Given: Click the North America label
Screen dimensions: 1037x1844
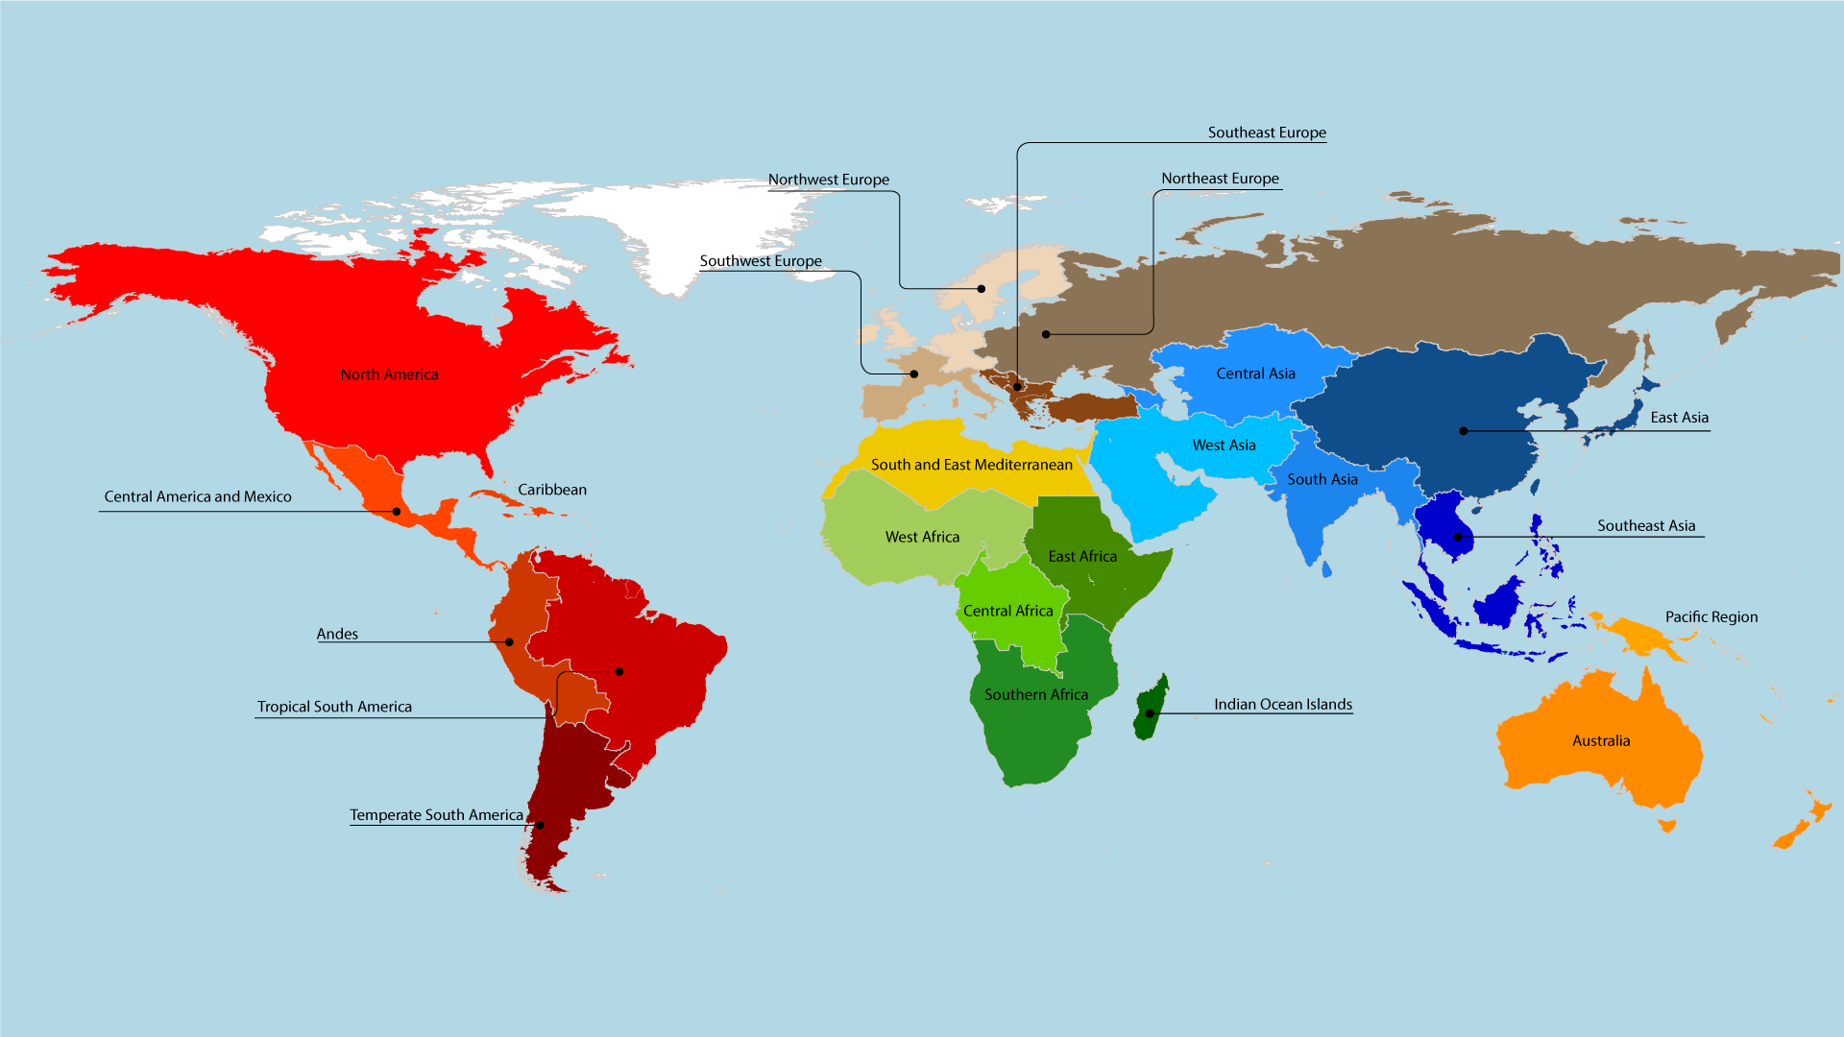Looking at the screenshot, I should [x=389, y=374].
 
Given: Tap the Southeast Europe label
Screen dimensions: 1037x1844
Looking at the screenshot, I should [x=1267, y=133].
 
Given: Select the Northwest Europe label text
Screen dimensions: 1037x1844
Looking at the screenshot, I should [x=828, y=180].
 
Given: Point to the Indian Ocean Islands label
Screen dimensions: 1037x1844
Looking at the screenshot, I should [x=1282, y=705].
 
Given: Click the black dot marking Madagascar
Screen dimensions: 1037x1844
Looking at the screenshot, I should [x=1150, y=713].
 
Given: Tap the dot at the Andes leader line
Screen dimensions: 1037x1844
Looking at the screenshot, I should [x=509, y=642].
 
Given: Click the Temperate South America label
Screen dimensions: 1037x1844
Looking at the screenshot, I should [x=436, y=815].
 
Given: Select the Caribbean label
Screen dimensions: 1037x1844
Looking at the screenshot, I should [x=552, y=490].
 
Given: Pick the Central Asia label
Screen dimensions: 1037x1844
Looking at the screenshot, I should [x=1255, y=374].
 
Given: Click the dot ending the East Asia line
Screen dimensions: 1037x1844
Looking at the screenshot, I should [x=1464, y=431].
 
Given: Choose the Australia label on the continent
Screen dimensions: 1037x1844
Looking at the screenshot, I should [x=1601, y=741].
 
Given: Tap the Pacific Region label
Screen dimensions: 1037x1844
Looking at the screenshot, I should [x=1711, y=617].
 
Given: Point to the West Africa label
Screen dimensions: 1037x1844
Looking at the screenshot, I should [x=922, y=538].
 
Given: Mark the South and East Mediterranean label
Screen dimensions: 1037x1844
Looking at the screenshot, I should [x=971, y=465].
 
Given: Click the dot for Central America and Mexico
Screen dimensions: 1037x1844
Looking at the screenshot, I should [x=397, y=512].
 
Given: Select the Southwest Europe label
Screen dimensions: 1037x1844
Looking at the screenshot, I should [x=761, y=261].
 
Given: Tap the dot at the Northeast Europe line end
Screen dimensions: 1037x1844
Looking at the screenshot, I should [x=1046, y=335].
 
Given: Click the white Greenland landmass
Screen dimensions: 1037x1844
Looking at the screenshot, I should [x=691, y=230].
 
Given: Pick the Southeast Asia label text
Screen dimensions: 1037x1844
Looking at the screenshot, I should [x=1646, y=526].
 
